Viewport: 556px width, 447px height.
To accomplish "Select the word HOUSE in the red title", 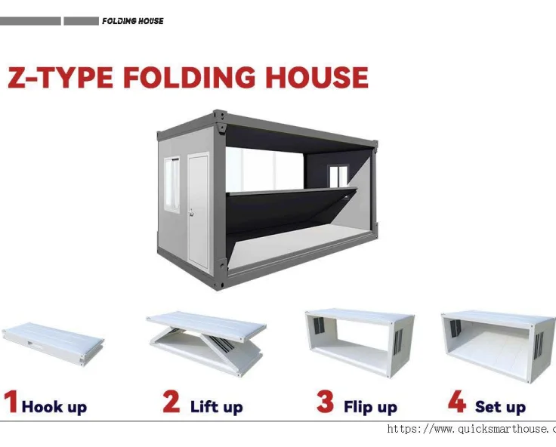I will pyautogui.click(x=316, y=78).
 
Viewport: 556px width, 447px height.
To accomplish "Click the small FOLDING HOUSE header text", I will pyautogui.click(x=132, y=21).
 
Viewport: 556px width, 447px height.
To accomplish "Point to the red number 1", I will pyautogui.click(x=11, y=402).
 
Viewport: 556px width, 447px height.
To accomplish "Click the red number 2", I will pyautogui.click(x=172, y=402).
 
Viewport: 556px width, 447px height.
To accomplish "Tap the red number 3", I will pyautogui.click(x=326, y=402).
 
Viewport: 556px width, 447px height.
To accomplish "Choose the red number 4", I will pyautogui.click(x=457, y=402).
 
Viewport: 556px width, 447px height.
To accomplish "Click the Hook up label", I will pyautogui.click(x=54, y=408).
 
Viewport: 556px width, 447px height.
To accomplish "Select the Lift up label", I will pyautogui.click(x=216, y=408).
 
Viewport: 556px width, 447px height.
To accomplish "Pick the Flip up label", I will pyautogui.click(x=370, y=408).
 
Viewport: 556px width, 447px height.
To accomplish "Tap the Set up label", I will pyautogui.click(x=500, y=408).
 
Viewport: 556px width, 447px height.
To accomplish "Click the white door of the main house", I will pyautogui.click(x=198, y=209).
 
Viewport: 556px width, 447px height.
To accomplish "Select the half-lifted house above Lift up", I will pyautogui.click(x=206, y=340).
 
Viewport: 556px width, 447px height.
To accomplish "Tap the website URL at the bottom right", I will pyautogui.click(x=471, y=429).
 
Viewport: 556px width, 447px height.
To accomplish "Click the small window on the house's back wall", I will pyautogui.click(x=338, y=176).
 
